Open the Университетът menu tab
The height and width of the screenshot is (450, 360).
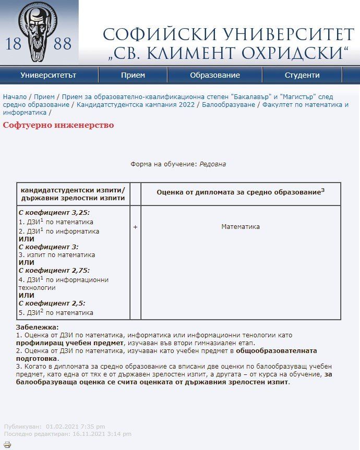coord(49,75)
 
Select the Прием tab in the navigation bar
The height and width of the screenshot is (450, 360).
coord(133,75)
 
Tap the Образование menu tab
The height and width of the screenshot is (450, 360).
coord(215,75)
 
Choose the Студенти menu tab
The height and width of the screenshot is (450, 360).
coord(302,75)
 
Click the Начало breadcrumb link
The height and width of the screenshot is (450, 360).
coord(15,97)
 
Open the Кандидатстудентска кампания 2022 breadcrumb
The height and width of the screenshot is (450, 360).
coord(135,105)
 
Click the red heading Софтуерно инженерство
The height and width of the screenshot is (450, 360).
coord(58,125)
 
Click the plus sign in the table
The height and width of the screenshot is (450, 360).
coord(135,227)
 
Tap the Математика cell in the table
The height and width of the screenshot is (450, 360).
coord(241,227)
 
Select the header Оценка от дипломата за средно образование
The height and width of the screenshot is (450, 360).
coord(241,192)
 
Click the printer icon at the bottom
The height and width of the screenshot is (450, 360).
coord(7,445)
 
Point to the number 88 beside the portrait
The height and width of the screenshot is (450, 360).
coord(63,44)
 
